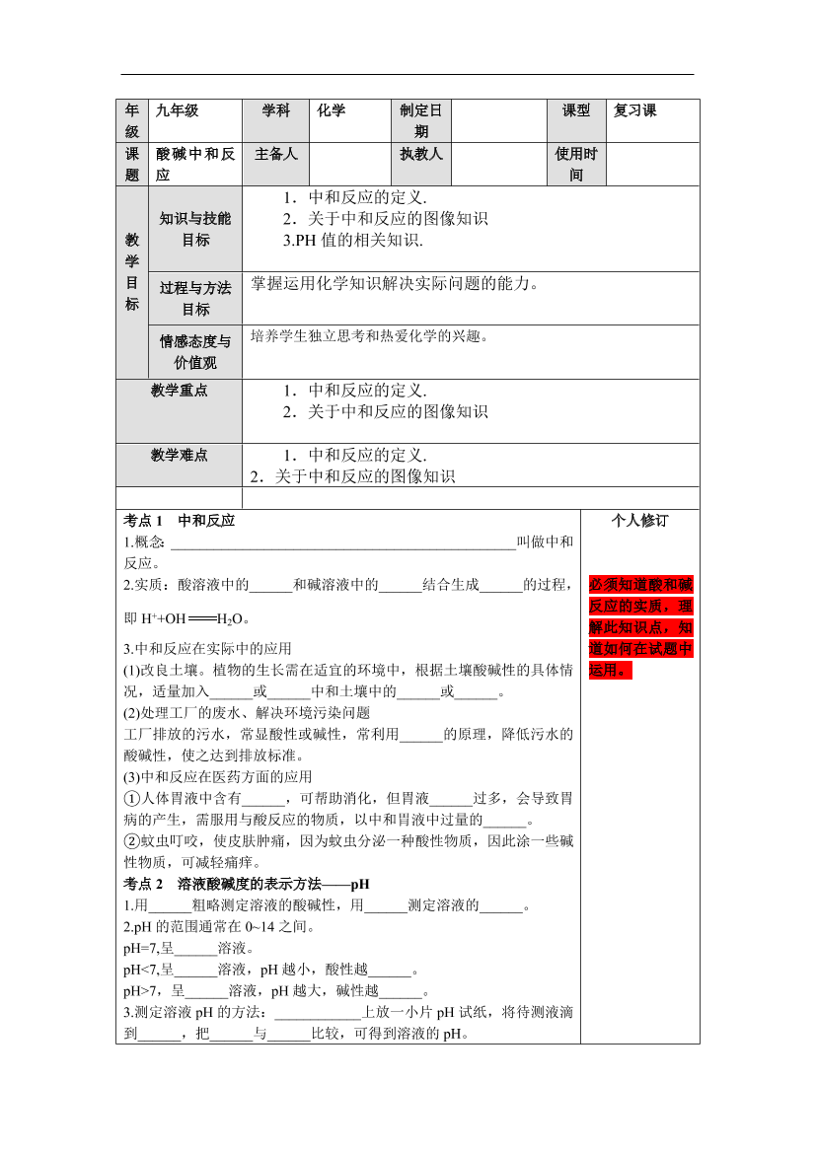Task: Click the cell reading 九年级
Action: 177,110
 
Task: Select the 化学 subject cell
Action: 332,110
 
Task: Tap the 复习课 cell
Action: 635,110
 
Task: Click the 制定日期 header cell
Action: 421,120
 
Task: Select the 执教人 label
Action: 421,154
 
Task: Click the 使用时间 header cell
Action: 576,164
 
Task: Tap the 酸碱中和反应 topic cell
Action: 195,164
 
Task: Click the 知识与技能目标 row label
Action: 195,229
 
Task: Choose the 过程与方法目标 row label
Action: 195,298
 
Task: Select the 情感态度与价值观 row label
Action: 195,352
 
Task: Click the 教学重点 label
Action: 180,391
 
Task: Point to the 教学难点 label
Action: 180,455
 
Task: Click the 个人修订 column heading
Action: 639,521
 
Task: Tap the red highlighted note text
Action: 640,627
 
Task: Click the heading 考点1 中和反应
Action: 180,521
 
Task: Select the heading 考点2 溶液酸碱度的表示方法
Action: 247,884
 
